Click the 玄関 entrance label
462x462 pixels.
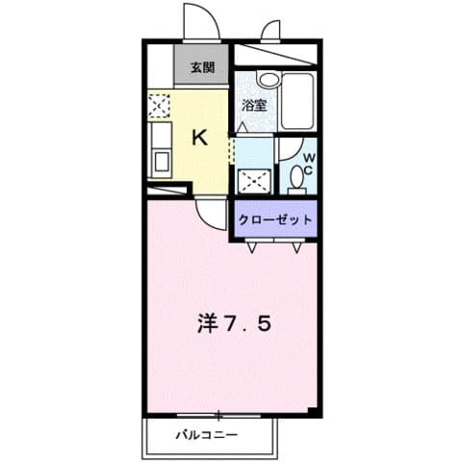201,67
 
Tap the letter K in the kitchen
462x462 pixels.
200,138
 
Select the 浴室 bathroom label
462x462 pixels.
253,106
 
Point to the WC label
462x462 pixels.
308,165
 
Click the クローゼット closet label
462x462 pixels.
275,219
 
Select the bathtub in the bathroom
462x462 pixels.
300,100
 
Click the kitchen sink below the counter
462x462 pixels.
159,160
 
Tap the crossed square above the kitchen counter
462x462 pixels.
159,104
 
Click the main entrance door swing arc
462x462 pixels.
196,21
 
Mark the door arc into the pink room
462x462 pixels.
211,214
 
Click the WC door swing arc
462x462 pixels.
286,149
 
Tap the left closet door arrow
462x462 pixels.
252,246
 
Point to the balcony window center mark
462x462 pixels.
218,416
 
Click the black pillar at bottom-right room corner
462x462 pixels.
314,411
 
